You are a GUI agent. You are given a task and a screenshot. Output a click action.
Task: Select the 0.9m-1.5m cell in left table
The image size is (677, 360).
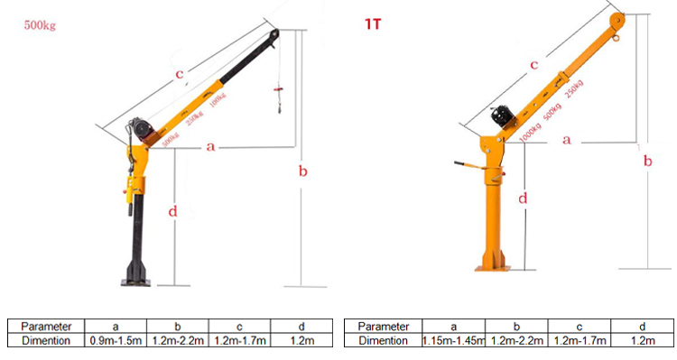click(x=116, y=341)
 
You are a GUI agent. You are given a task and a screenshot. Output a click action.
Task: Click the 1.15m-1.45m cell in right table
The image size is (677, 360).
click(x=453, y=341)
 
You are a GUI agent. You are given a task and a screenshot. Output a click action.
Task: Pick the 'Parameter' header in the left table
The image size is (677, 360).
click(x=47, y=326)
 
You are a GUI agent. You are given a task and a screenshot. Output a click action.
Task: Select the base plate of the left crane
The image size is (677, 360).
click(x=137, y=282)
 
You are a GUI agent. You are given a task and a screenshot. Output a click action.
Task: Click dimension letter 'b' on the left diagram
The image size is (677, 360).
click(x=303, y=171)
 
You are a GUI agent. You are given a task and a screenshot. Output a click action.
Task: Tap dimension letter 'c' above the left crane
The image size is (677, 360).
click(x=180, y=74)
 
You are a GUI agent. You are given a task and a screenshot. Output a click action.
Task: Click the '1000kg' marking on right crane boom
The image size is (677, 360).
click(x=531, y=132)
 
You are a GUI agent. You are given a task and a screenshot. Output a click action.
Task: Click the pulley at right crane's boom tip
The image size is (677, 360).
click(x=617, y=20)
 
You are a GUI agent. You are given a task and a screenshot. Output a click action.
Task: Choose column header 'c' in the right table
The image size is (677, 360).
click(x=578, y=326)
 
